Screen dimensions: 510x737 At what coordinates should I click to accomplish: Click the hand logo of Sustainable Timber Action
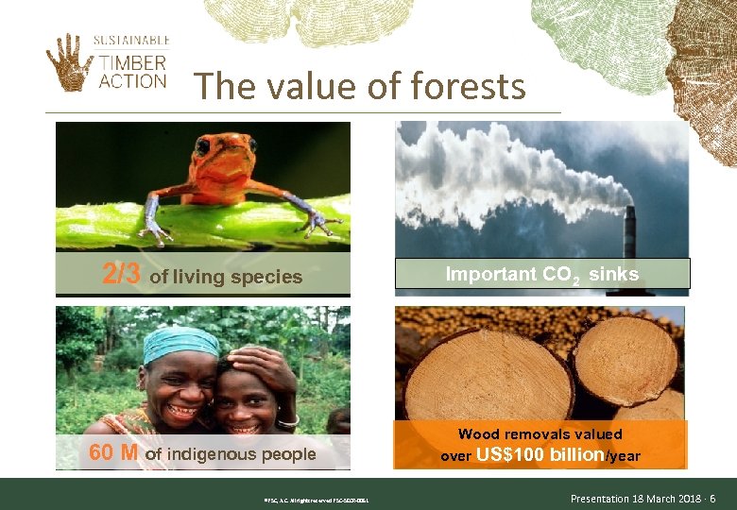[x=69, y=61]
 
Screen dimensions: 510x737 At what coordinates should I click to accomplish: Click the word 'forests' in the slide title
[x=465, y=87]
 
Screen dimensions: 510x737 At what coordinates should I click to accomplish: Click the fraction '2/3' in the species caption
[x=122, y=275]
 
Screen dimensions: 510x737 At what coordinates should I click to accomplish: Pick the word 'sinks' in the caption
[x=614, y=274]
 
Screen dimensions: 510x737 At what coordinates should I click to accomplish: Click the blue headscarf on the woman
[x=180, y=341]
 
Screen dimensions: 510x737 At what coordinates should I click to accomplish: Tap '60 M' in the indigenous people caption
[x=113, y=453]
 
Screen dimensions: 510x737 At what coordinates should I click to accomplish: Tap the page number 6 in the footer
[x=712, y=498]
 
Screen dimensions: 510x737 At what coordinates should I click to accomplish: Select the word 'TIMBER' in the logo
[x=131, y=62]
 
